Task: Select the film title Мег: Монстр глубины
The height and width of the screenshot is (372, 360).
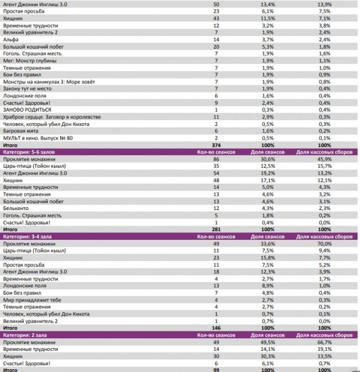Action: (x=32, y=60)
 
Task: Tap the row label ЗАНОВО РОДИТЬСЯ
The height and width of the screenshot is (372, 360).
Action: (x=27, y=109)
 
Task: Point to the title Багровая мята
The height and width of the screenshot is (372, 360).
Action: (x=23, y=130)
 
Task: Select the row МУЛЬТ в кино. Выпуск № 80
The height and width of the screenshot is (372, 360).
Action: (x=38, y=137)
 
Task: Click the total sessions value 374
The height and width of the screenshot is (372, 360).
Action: (x=216, y=145)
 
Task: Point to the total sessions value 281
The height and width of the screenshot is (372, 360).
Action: (x=216, y=229)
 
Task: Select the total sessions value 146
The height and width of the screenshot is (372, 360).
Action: (x=216, y=328)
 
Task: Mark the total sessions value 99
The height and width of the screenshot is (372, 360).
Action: (x=216, y=370)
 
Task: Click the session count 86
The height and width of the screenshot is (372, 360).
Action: (x=216, y=159)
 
